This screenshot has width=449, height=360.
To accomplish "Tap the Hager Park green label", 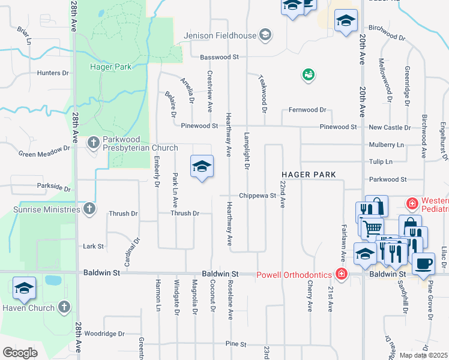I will [110, 67].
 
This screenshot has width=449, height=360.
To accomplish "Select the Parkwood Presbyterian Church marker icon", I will [93, 142].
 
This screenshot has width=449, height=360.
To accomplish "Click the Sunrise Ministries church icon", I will [89, 209].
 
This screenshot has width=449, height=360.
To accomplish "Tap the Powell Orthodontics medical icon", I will [342, 275].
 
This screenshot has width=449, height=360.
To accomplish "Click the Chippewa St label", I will [256, 196].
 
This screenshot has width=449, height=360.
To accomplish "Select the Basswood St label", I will [219, 57].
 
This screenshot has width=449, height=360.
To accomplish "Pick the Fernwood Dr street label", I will [306, 110].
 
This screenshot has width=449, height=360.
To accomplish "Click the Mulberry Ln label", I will [387, 145].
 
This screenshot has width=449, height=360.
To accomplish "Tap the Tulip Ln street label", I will [381, 162].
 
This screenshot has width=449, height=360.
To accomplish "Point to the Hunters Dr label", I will [53, 73].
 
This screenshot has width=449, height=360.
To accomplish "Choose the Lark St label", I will [94, 246].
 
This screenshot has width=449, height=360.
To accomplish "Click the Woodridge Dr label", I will [104, 333].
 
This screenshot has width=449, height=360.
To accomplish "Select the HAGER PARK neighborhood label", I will [309, 175].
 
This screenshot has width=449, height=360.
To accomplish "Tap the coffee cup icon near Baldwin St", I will [423, 263].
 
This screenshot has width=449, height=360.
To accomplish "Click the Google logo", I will [20, 353].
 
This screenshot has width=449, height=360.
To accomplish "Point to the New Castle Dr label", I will [390, 128].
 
